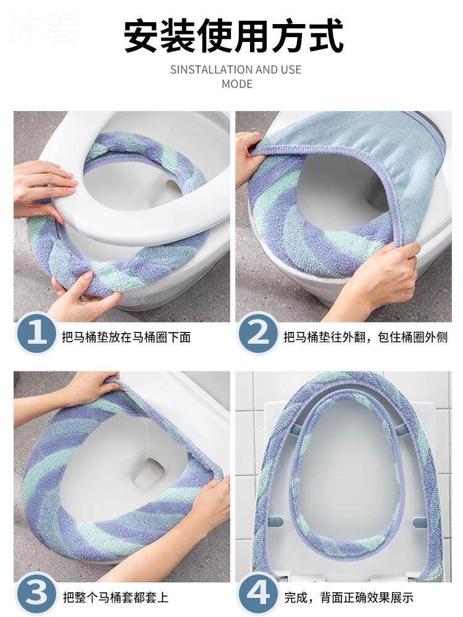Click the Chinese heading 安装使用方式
pos(234,36)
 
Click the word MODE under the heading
pos(236,84)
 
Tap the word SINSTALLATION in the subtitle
pos(211,70)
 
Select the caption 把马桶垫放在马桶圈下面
pos(127,337)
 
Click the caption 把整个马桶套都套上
pos(115,597)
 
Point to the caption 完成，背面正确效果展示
pos(349,597)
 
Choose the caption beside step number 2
pos(365,337)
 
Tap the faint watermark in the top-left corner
pos(44,28)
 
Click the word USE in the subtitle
pos(291,70)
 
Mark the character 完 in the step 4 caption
pos(291,597)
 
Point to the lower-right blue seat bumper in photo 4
pos(419,522)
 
